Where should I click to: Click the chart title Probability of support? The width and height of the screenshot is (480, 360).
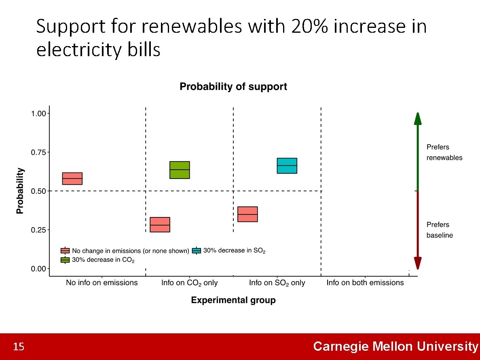pos(233,87)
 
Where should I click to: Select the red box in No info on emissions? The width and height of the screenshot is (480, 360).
pos(72,178)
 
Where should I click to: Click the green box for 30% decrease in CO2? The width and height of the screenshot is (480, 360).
pos(180,170)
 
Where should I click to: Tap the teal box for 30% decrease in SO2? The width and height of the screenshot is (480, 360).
pos(287,166)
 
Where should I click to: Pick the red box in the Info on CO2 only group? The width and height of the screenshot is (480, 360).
pos(160,224)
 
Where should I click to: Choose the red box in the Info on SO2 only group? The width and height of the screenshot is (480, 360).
pos(247,214)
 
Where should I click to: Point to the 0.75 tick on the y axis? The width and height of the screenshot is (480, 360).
pos(40,152)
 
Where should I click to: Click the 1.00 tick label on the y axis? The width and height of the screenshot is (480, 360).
pos(40,114)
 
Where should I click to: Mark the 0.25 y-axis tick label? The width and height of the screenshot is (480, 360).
pos(40,230)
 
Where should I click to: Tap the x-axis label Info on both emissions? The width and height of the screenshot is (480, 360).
pos(365,283)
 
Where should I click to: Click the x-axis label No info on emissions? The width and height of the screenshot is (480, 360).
pos(102,283)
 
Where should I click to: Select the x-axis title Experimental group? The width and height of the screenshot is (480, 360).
pos(233,300)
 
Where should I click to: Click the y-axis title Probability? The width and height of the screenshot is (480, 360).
pos(20,191)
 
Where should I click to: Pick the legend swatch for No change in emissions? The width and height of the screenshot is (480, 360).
pos(65,251)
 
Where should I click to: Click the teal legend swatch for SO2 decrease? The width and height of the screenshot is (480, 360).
pos(197,251)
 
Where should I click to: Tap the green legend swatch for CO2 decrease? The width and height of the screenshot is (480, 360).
pos(65,260)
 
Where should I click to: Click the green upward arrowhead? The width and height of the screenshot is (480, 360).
pos(418,118)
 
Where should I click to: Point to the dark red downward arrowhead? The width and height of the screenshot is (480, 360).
pos(418,263)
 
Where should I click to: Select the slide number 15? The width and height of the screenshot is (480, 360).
pos(19,347)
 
